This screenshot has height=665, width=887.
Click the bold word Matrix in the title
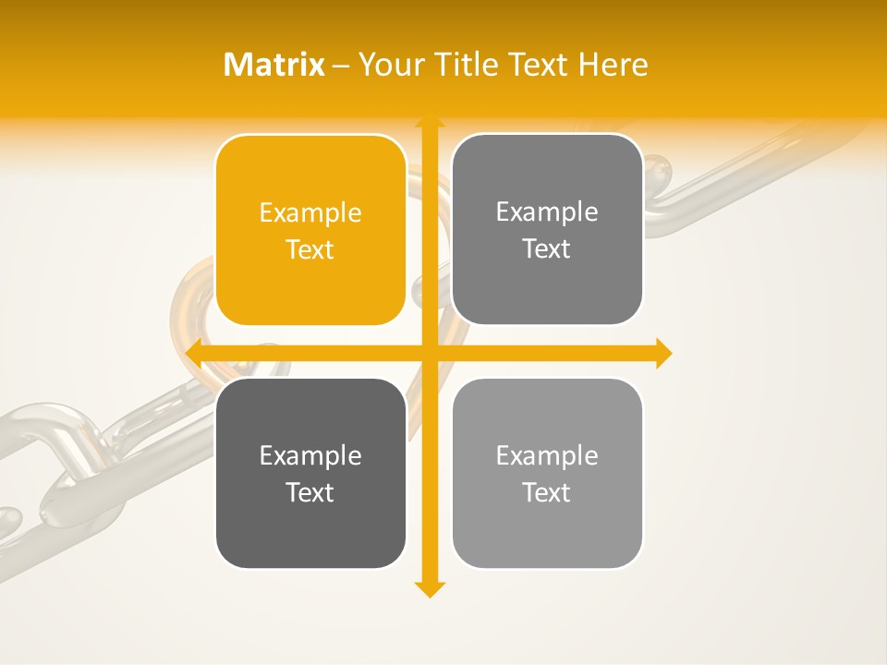pyautogui.click(x=274, y=65)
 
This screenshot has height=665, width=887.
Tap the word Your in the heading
pyautogui.click(x=391, y=65)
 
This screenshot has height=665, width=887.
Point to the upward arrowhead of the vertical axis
pyautogui.click(x=428, y=122)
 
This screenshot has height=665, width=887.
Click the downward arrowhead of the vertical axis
pyautogui.click(x=428, y=589)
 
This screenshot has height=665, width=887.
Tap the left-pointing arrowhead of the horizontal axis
pyautogui.click(x=194, y=353)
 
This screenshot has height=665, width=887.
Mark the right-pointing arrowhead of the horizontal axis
pyautogui.click(x=662, y=353)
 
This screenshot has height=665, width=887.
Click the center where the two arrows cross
pyautogui.click(x=428, y=353)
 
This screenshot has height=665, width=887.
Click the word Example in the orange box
pyautogui.click(x=310, y=212)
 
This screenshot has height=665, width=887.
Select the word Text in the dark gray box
pyautogui.click(x=310, y=492)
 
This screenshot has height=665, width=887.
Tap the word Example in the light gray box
pyautogui.click(x=547, y=455)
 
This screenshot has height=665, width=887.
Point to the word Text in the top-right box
pyautogui.click(x=547, y=248)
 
